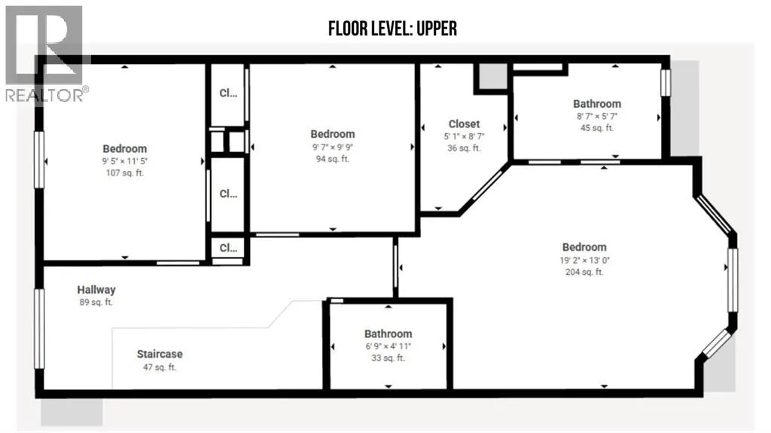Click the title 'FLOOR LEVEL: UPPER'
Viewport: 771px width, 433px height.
392,29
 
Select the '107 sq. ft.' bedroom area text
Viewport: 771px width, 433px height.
125,172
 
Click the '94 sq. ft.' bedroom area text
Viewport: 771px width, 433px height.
332,158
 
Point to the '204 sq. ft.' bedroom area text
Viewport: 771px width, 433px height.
584,272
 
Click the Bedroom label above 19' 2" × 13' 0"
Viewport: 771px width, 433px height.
584,247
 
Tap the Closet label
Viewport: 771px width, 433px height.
464,124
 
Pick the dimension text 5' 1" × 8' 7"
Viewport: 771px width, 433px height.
464,136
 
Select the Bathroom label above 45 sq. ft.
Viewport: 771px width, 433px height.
597,104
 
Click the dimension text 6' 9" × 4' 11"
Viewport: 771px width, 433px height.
388,346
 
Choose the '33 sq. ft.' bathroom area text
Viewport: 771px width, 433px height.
388,358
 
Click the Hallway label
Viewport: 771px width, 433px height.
96,290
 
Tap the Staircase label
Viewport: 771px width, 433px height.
160,354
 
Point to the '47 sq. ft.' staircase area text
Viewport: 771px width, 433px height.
160,367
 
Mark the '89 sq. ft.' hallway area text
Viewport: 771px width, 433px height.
96,302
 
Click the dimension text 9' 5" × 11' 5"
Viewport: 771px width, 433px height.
125,161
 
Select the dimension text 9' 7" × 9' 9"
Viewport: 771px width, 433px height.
332,147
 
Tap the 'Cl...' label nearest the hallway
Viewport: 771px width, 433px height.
228,248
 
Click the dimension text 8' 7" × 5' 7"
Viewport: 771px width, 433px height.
597,116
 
